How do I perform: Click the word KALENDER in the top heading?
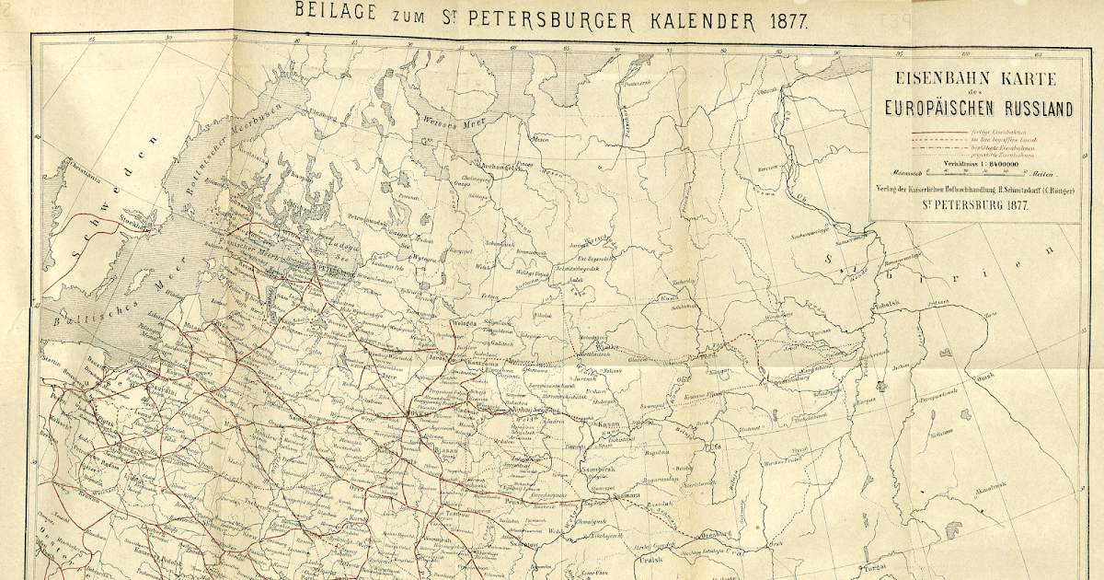tap(681, 15)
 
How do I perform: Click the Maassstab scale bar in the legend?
tap(975, 172)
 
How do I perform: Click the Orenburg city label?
tap(713, 533)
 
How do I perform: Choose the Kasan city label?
tap(610, 425)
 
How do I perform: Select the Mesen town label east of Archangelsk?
tap(541, 140)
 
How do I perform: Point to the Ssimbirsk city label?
tap(589, 469)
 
